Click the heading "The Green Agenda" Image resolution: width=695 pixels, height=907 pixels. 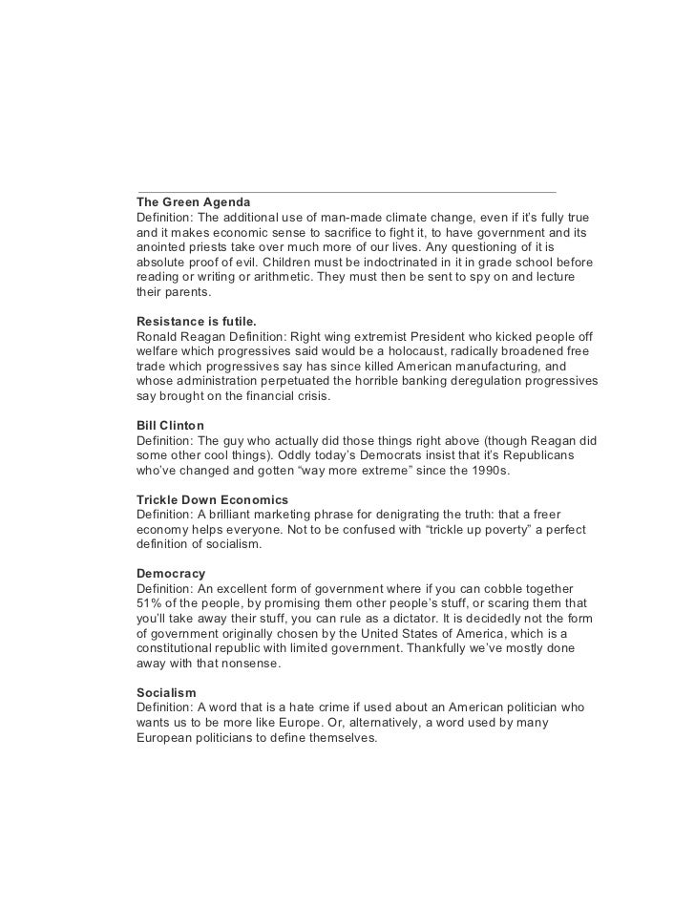click(194, 202)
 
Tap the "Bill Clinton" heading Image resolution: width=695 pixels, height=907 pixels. click(171, 425)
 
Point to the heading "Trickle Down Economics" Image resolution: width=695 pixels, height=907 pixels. click(213, 499)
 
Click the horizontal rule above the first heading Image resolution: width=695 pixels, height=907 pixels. click(347, 192)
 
